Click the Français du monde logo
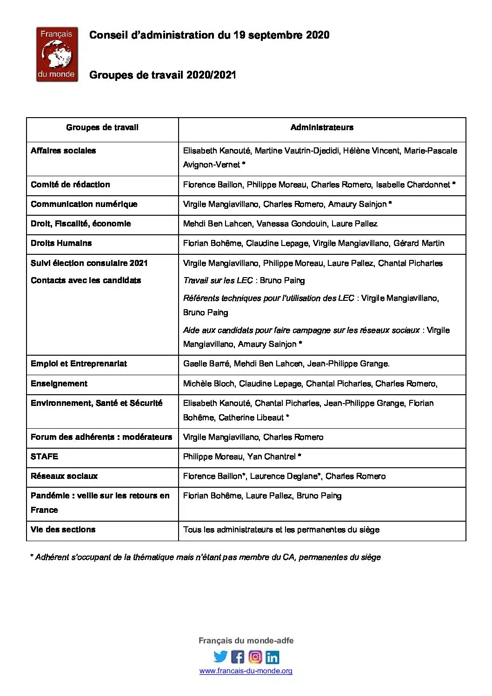click(57, 54)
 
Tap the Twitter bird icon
click(220, 656)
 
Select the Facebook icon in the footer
click(238, 656)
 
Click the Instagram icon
click(255, 656)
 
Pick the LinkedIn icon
click(273, 656)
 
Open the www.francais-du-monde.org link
click(246, 671)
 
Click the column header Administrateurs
click(322, 127)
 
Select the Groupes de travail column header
click(102, 127)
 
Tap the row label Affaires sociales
click(63, 151)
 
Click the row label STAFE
click(45, 457)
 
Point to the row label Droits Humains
click(61, 243)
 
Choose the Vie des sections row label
click(63, 530)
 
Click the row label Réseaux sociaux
click(64, 476)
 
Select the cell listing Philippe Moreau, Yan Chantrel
click(242, 457)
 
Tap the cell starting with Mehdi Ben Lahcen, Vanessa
click(280, 224)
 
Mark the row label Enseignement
click(59, 384)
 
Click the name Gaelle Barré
click(206, 364)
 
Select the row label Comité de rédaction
click(70, 185)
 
